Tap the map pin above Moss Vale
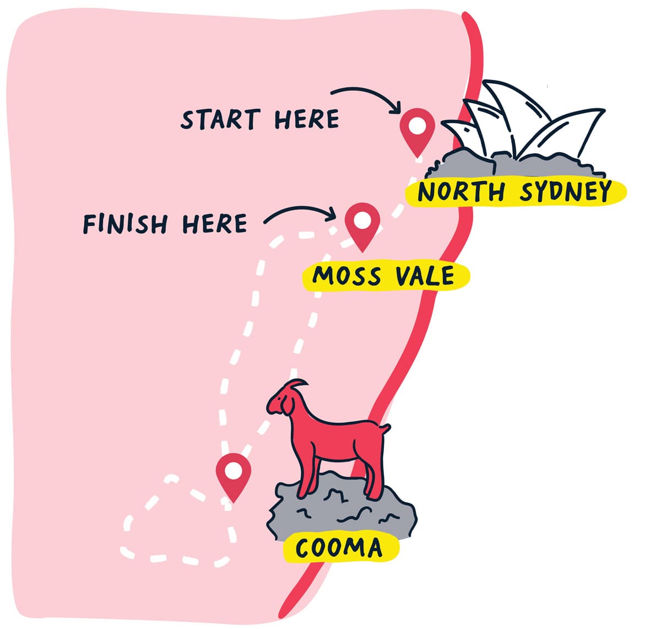pyautogui.click(x=362, y=223)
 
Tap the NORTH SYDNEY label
pyautogui.click(x=514, y=191)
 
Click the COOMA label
pyautogui.click(x=339, y=547)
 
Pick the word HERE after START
pyautogui.click(x=307, y=119)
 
